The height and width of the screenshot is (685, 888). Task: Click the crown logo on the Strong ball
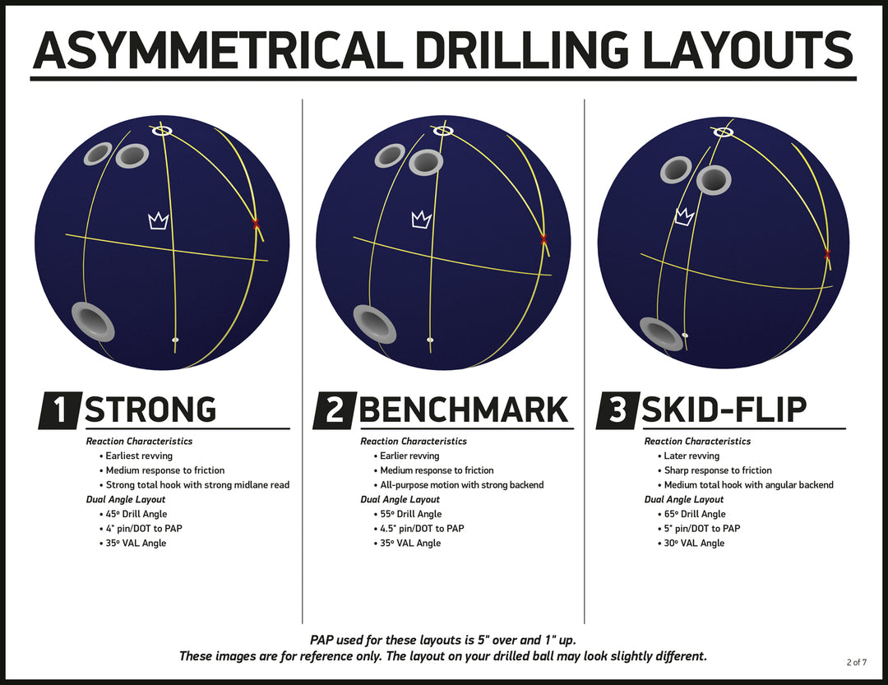(158, 221)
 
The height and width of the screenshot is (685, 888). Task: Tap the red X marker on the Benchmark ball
(544, 239)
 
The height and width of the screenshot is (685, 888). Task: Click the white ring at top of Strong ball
(162, 131)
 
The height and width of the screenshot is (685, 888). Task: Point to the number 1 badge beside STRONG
(60, 410)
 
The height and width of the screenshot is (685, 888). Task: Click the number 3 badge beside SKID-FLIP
(617, 410)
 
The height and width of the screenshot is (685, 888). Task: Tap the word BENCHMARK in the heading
(463, 410)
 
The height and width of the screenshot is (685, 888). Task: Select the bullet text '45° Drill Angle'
(136, 514)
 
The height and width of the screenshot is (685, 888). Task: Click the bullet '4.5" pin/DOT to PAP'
(419, 529)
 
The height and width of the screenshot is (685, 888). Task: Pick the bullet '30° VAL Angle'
(691, 543)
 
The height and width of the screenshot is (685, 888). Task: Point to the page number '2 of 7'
(856, 662)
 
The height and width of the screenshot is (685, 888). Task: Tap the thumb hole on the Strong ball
(94, 321)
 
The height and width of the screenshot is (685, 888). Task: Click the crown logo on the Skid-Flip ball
(685, 216)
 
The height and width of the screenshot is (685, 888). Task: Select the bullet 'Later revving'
(688, 456)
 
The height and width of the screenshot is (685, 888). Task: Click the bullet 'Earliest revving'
(136, 456)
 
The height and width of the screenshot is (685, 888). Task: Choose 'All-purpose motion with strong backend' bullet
(459, 485)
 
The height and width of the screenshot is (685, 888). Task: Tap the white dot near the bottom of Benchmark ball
(430, 340)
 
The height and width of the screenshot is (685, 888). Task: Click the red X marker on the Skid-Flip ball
(827, 254)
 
